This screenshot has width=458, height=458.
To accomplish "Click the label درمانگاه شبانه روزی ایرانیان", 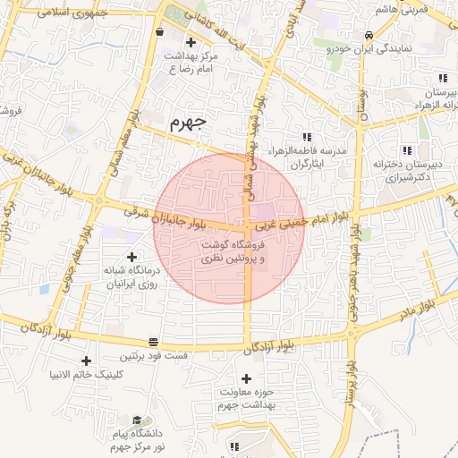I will click(132, 276).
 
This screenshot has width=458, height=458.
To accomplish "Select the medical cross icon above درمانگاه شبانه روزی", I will click(132, 257).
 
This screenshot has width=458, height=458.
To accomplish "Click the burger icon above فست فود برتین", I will click(154, 342).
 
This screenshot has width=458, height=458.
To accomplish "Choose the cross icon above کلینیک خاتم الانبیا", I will click(86, 360).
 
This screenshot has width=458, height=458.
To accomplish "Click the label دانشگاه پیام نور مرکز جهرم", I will click(136, 439).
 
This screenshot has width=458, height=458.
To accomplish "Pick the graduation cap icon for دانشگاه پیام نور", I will click(136, 420).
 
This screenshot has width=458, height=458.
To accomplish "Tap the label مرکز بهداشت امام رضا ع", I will click(191, 62).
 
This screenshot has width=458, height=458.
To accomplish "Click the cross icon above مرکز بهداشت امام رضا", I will click(190, 42).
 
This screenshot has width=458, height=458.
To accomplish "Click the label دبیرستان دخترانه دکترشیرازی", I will click(408, 172).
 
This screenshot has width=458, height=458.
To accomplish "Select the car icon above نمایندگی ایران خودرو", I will click(369, 35).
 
